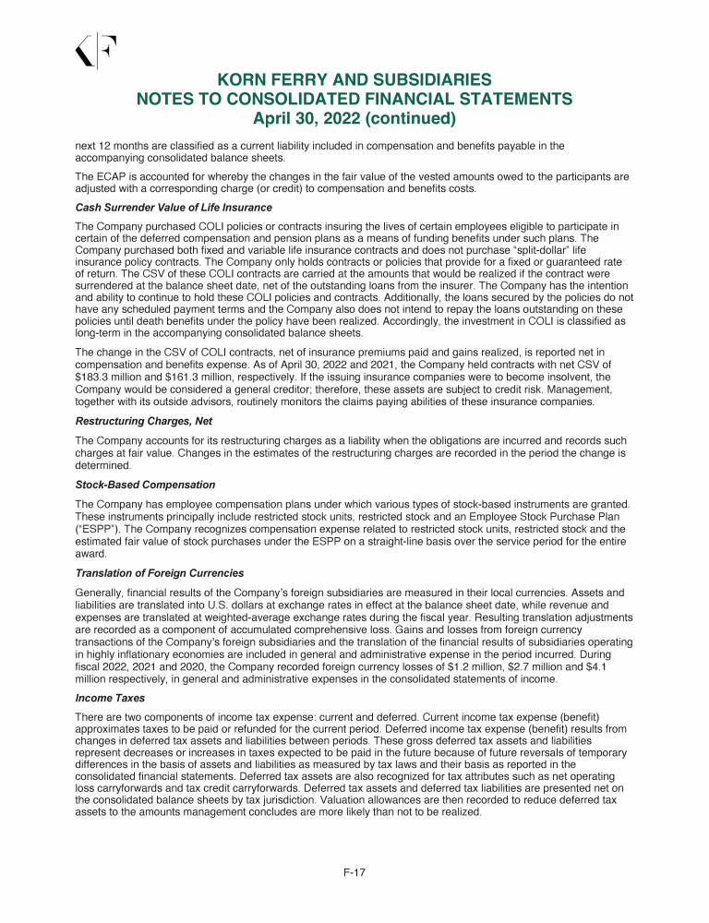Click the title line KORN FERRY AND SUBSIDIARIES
354,80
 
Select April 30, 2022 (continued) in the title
354,119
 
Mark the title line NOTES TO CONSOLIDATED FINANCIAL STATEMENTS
354,100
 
